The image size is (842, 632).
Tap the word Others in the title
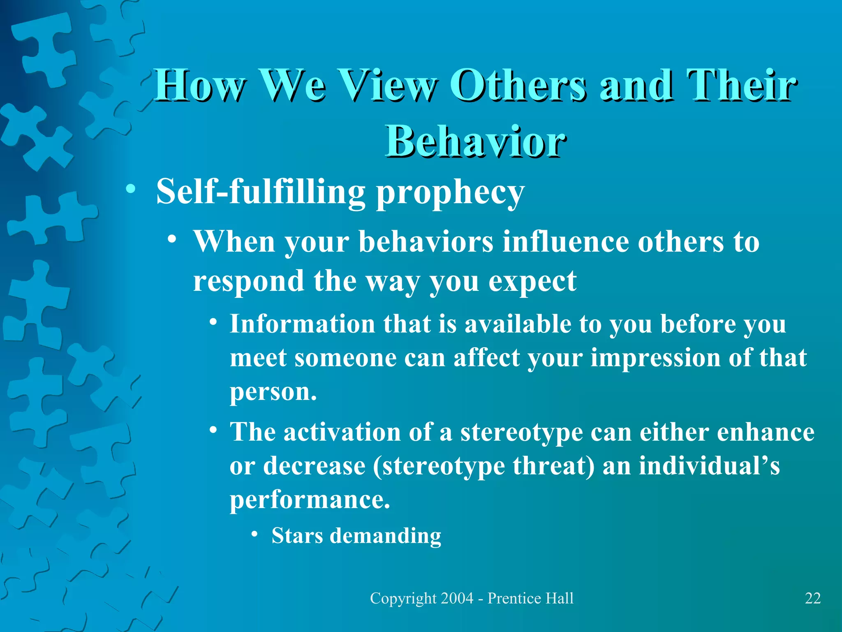518,85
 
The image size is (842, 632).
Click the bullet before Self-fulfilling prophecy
131,190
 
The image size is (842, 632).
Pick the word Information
302,324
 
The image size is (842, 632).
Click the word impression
655,358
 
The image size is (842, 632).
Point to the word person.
273,392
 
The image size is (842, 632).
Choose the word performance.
309,500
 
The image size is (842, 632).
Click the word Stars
297,536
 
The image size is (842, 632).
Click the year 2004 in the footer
456,598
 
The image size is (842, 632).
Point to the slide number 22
812,598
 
